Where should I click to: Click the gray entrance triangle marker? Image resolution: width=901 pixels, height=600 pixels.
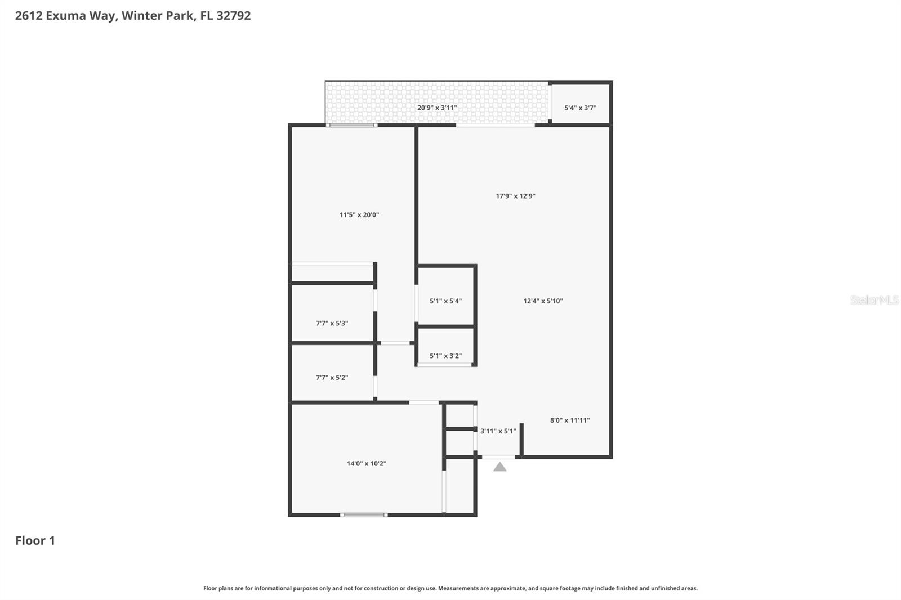(499, 467)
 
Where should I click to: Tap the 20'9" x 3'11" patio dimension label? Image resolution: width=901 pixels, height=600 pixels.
(437, 108)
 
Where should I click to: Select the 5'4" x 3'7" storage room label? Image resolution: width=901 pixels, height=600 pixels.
(580, 108)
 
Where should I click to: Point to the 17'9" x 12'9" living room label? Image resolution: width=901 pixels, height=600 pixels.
(515, 196)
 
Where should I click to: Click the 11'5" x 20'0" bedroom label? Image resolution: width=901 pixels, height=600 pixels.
(359, 214)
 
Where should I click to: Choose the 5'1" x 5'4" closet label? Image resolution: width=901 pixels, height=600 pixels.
(445, 301)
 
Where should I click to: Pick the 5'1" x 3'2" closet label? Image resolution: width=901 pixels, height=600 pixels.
(445, 356)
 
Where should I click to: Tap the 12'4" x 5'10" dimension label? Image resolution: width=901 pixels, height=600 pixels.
(543, 301)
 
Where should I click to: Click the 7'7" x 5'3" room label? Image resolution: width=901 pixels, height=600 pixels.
(332, 323)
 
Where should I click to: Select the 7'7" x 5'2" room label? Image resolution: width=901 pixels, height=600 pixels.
(332, 378)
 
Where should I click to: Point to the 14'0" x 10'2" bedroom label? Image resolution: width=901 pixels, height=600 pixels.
(366, 464)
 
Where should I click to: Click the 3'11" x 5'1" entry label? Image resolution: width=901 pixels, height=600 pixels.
(498, 431)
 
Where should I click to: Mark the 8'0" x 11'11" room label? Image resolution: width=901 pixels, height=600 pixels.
(570, 420)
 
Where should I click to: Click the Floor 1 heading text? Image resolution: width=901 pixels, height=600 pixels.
(35, 540)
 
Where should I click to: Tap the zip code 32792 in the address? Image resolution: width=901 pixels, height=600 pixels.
(234, 16)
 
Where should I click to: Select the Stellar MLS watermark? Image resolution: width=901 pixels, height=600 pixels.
(874, 301)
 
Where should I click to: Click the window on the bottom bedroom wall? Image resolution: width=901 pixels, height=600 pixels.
(364, 514)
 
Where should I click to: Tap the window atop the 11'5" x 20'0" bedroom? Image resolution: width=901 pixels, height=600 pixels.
(352, 125)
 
